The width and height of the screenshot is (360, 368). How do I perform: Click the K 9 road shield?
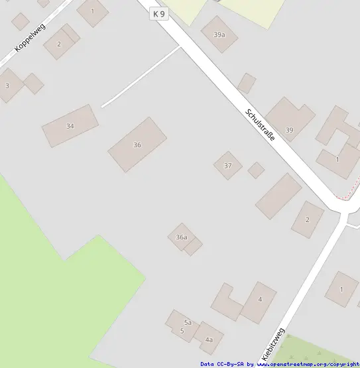click(158, 13)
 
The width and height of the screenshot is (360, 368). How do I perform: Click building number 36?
click(137, 145)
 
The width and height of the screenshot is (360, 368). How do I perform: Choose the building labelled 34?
click(70, 126)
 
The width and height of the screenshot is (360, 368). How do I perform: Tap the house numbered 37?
click(228, 165)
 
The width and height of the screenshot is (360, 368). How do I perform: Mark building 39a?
click(219, 34)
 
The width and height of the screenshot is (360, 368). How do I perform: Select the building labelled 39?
click(289, 130)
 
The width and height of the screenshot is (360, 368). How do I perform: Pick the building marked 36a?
click(182, 237)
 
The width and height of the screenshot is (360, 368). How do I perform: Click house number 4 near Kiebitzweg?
click(260, 300)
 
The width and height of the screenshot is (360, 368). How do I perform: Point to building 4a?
click(209, 339)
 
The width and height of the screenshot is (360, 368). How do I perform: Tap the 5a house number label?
click(188, 322)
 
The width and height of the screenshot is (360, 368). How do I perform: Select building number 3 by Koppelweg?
click(7, 86)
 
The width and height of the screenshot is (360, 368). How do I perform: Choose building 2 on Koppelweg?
click(58, 44)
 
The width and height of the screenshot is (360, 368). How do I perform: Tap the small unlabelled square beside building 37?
click(256, 170)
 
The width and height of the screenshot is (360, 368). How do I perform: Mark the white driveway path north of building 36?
click(141, 77)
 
